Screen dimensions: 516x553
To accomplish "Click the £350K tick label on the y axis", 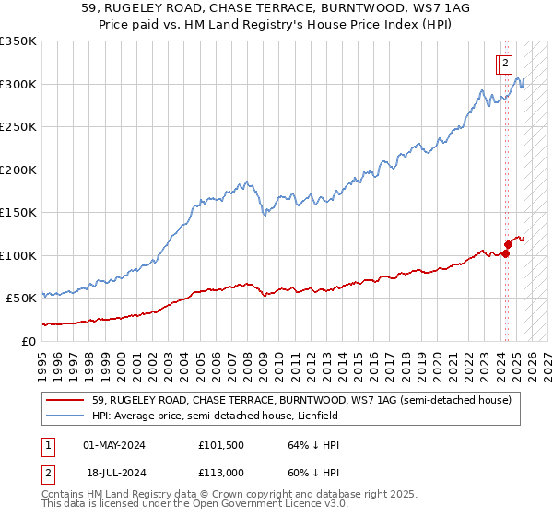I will (18, 41).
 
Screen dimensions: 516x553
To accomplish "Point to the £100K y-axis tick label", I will (18, 255).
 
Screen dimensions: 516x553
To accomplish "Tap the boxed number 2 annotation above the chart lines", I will (505, 64).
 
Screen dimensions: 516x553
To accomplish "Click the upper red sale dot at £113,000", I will (508, 244).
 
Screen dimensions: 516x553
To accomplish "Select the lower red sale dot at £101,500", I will (505, 254).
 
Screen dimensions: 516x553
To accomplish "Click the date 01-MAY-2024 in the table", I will (114, 445).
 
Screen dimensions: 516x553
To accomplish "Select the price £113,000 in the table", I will (220, 473).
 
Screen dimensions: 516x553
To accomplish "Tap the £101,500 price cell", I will (220, 445).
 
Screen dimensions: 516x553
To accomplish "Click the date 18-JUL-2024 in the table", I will (114, 473).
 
